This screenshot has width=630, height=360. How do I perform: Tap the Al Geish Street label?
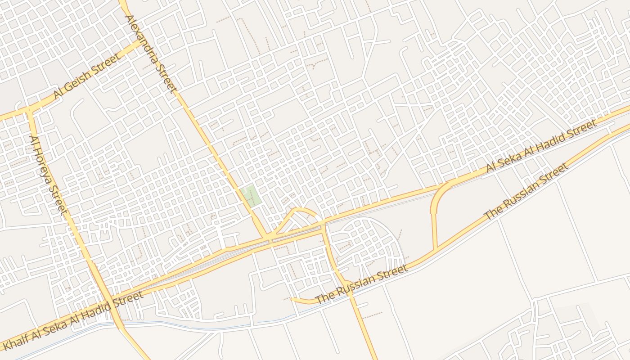tap(87, 76)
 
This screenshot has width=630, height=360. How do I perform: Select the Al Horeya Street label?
tap(48, 175)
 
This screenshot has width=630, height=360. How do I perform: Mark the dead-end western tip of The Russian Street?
tap(292, 298)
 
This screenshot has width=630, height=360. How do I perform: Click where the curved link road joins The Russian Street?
tap(436, 250)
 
